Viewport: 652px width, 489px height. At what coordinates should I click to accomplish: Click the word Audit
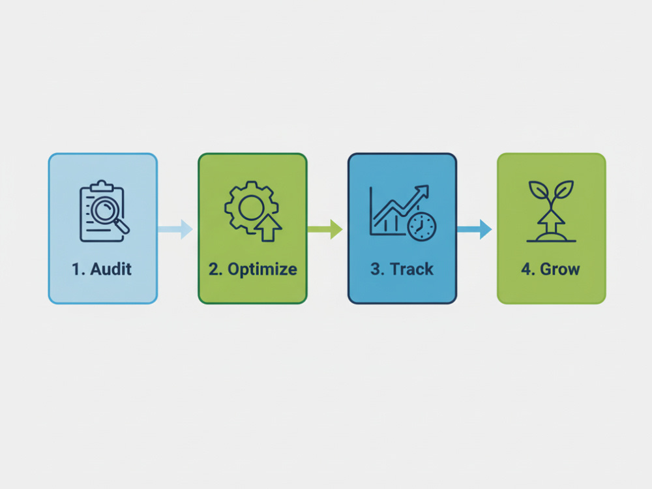[111, 269]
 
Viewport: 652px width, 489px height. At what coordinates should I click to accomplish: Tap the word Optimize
[262, 269]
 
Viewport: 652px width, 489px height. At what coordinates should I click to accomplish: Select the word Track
[411, 269]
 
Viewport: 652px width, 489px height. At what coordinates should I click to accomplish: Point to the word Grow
[559, 269]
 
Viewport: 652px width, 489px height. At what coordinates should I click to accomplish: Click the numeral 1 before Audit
[76, 269]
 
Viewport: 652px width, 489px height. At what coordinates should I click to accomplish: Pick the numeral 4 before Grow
[526, 269]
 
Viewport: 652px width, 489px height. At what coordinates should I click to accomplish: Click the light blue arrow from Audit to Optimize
[175, 229]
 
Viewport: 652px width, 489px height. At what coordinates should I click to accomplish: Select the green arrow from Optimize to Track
[325, 229]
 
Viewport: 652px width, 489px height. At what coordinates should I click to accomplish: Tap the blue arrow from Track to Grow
[475, 229]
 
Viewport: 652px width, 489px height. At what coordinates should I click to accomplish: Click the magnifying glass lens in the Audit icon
[104, 209]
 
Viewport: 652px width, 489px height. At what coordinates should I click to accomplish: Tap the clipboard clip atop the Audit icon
[102, 186]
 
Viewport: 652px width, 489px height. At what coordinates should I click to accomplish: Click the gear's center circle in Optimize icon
[252, 207]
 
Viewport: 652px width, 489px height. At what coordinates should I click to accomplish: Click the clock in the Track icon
[422, 227]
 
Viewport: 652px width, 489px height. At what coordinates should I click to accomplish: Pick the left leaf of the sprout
[539, 190]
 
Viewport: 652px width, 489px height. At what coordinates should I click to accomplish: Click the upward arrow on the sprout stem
[551, 223]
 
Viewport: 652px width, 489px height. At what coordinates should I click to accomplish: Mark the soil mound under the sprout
[552, 237]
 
